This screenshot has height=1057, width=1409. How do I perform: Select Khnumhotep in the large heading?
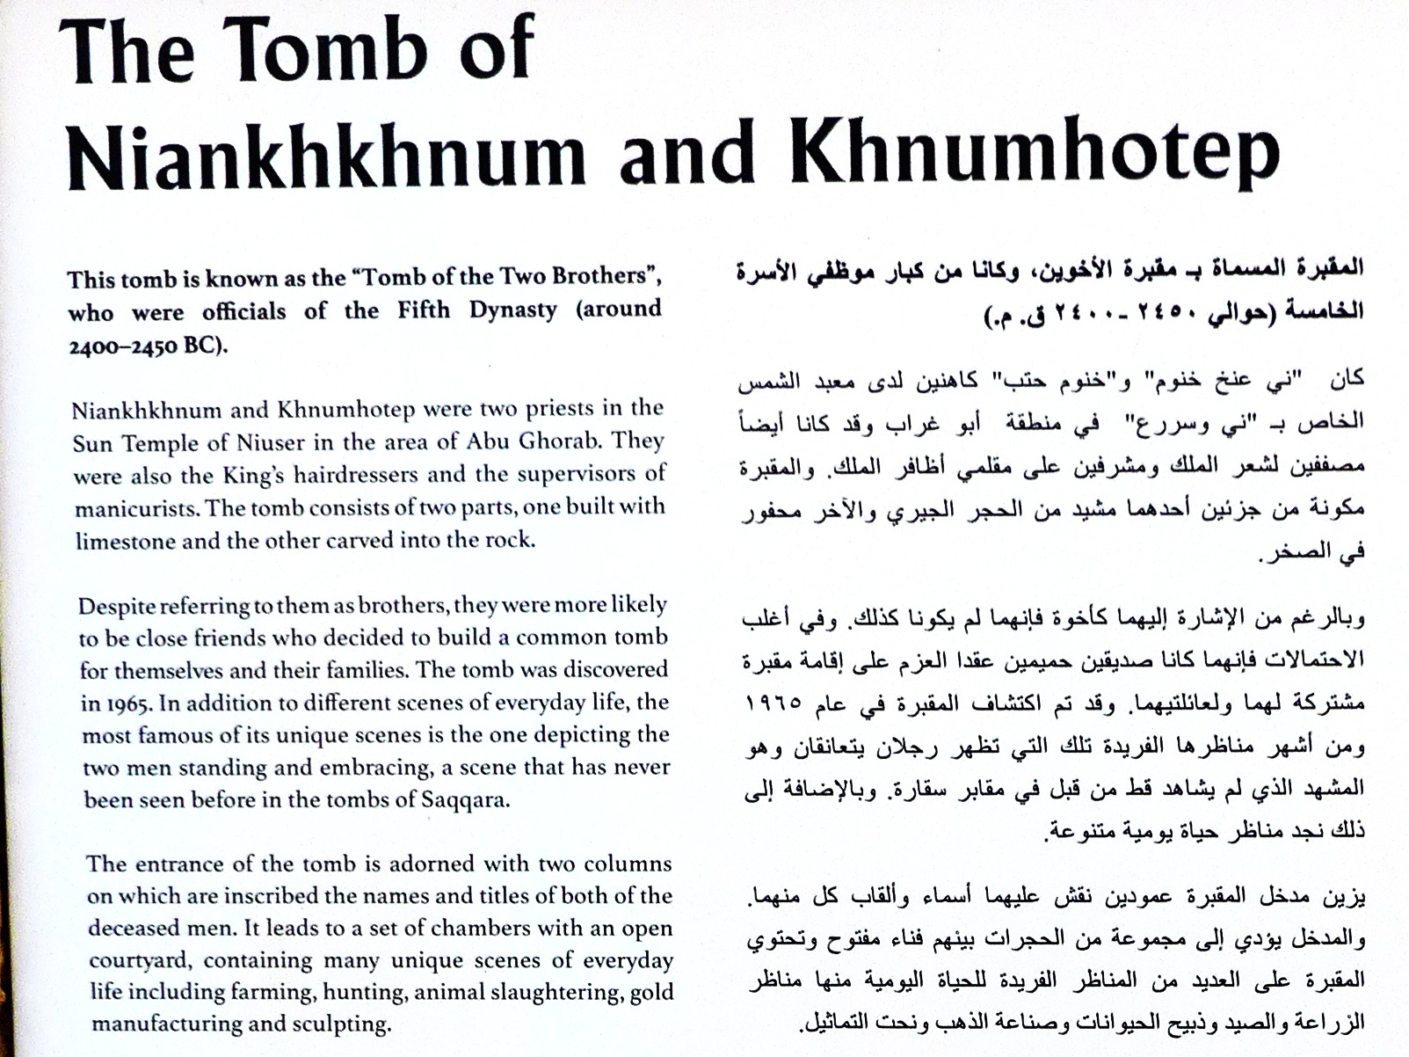tap(1034, 154)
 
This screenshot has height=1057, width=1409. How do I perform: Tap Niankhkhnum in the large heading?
tap(326, 157)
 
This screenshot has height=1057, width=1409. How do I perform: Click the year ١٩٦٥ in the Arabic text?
tap(773, 703)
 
